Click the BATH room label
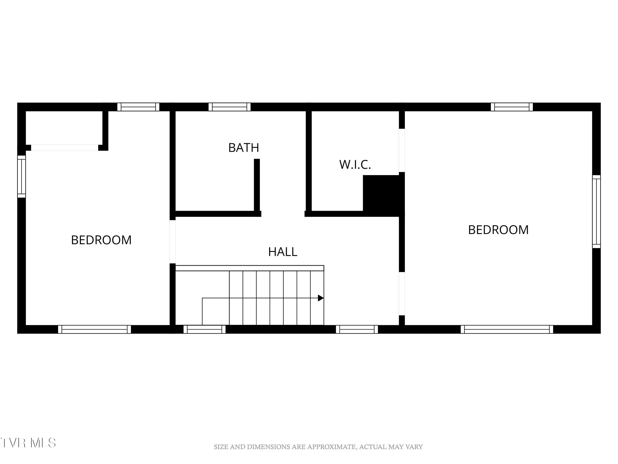(x=244, y=148)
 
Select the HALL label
(x=282, y=252)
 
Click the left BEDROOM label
(x=101, y=240)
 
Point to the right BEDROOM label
(x=498, y=230)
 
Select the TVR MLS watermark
(x=28, y=443)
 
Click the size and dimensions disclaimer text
(x=318, y=447)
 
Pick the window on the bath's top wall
(x=229, y=107)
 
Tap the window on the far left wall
(x=21, y=177)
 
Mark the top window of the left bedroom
(x=138, y=107)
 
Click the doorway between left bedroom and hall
(x=173, y=242)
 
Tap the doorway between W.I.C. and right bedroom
(x=401, y=150)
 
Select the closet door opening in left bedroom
(x=64, y=148)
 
